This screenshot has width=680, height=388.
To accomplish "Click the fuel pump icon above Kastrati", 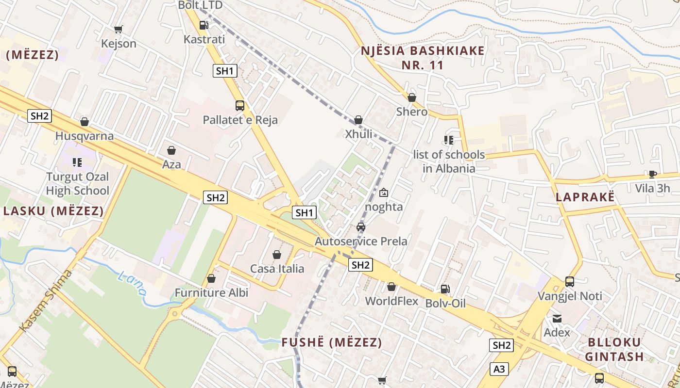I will [x=204, y=25].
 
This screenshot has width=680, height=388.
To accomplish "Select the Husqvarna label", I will [x=85, y=136].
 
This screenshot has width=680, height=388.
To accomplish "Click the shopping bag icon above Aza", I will [x=171, y=150].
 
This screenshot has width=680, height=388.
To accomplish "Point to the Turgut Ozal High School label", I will [x=78, y=183].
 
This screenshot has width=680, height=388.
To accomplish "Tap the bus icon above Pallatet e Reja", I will [x=240, y=105].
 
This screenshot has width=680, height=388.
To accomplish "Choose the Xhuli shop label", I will [x=358, y=134].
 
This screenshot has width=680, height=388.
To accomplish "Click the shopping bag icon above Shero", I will [x=412, y=97].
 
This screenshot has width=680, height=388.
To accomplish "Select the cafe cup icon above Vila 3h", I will [x=652, y=174].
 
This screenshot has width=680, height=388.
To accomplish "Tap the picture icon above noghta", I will [x=384, y=193].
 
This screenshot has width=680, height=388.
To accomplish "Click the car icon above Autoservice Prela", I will [x=361, y=226].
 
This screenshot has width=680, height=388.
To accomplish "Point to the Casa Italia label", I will [x=277, y=269].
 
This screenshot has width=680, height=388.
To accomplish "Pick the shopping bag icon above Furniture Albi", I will [x=211, y=278].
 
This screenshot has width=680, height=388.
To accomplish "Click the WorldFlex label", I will [x=391, y=301].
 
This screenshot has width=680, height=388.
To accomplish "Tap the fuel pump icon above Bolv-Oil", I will [x=445, y=289].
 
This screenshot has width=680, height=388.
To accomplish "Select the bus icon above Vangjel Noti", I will [x=570, y=281].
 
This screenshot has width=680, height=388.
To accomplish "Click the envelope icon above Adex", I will [x=557, y=319].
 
